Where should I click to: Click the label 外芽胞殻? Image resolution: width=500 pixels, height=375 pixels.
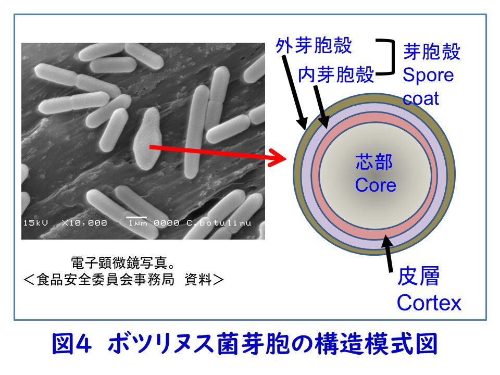(314, 45)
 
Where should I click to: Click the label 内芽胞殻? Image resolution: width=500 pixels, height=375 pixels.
(336, 75)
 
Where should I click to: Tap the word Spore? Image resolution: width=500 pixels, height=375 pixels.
(428, 75)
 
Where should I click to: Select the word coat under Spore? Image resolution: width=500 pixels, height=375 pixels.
(421, 98)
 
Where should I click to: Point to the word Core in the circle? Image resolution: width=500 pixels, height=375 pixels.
(375, 185)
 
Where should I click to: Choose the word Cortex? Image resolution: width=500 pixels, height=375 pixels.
(429, 302)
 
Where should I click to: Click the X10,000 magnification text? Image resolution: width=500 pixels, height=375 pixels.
(84, 223)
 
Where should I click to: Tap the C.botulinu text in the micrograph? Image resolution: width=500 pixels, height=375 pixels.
(218, 223)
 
